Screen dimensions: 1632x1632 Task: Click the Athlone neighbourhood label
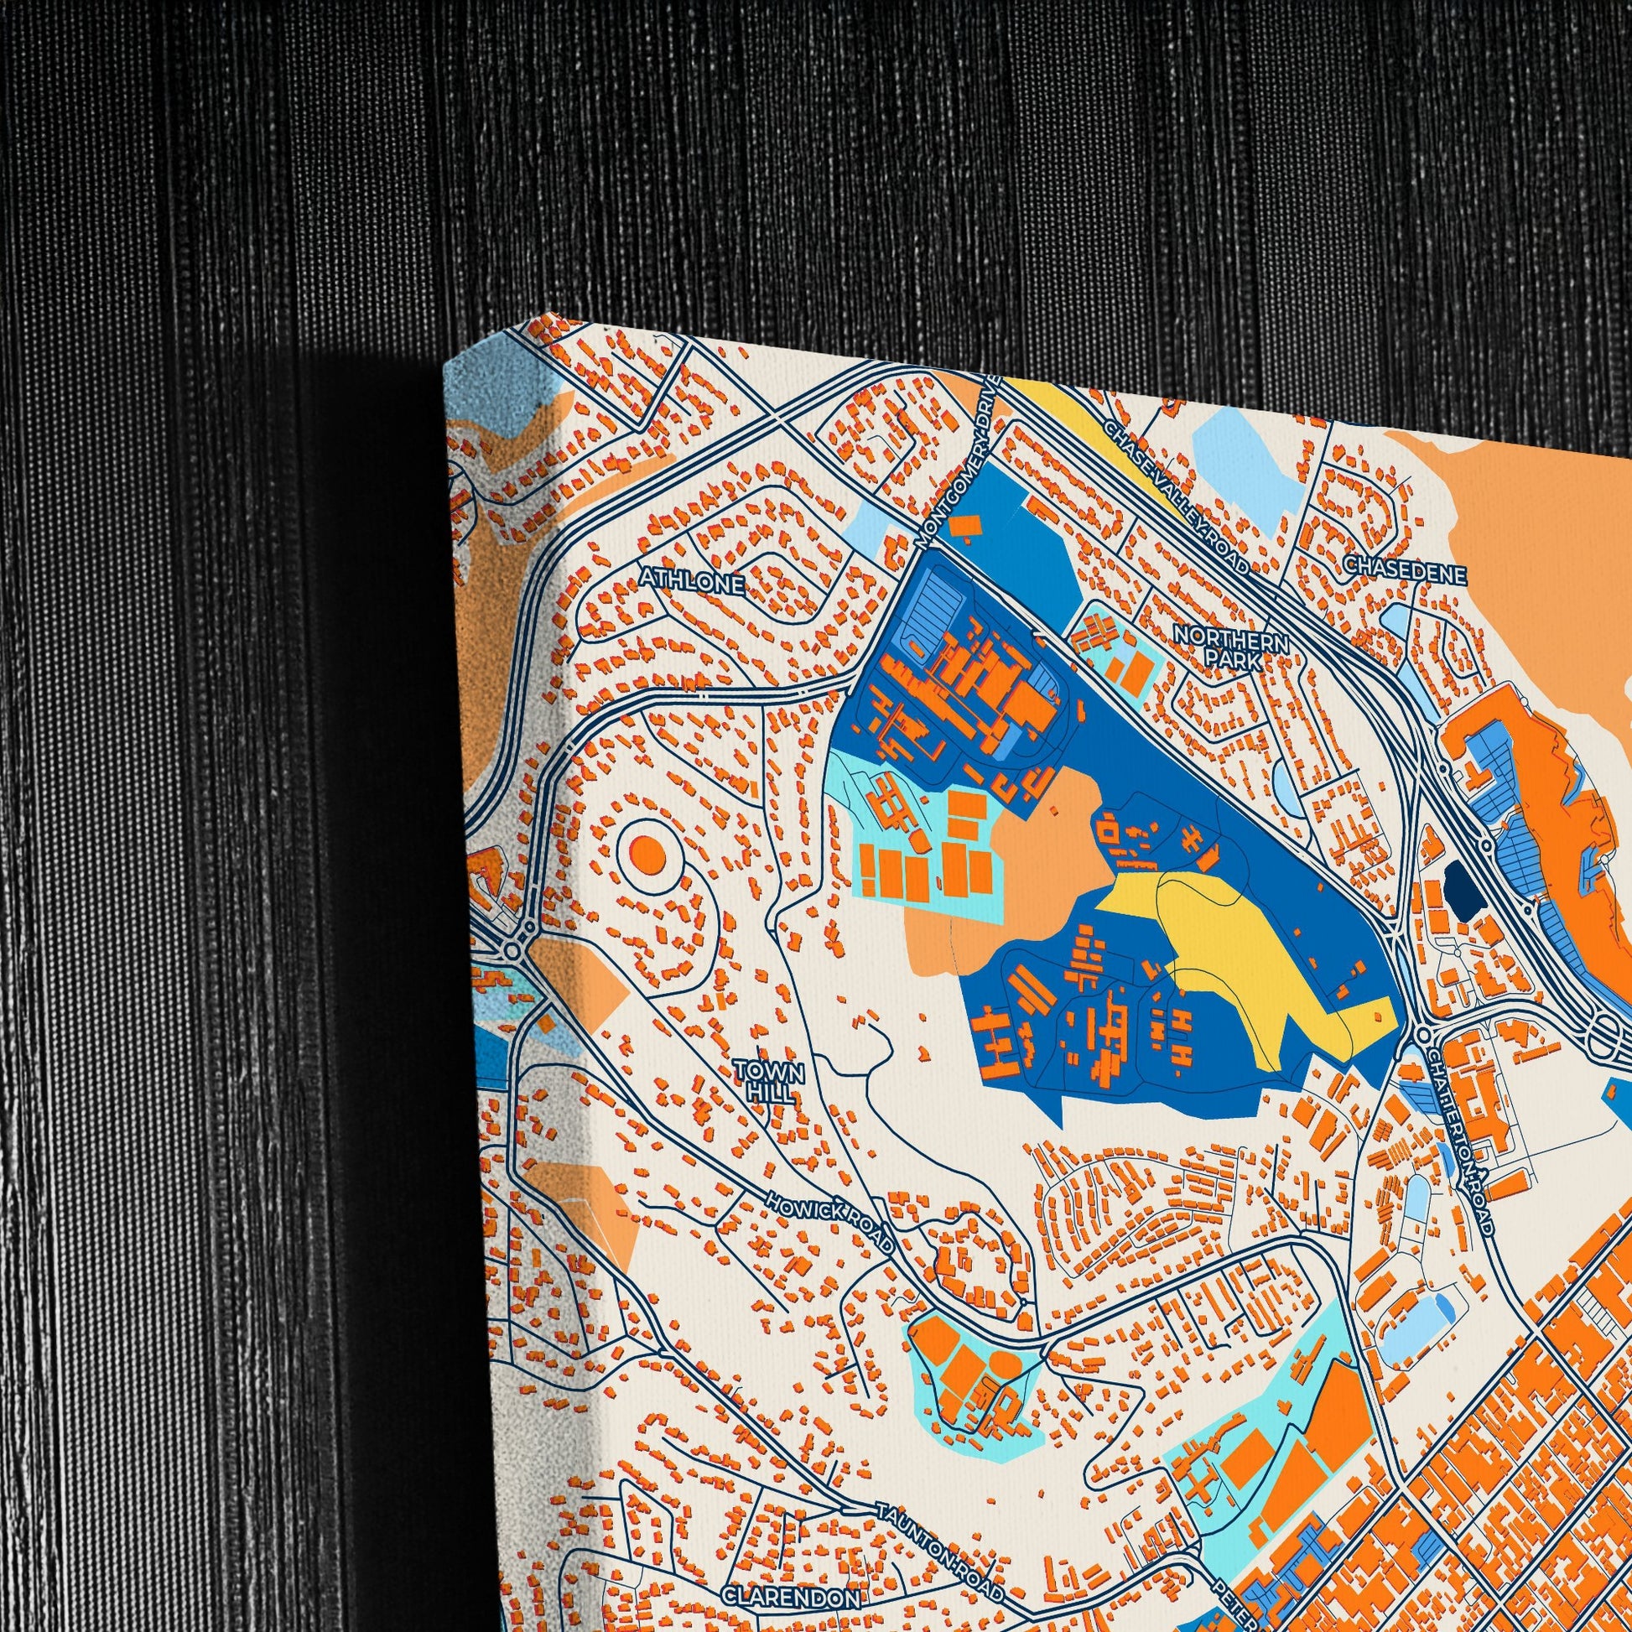(x=692, y=582)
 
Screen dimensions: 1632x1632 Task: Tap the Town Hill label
(x=769, y=1081)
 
